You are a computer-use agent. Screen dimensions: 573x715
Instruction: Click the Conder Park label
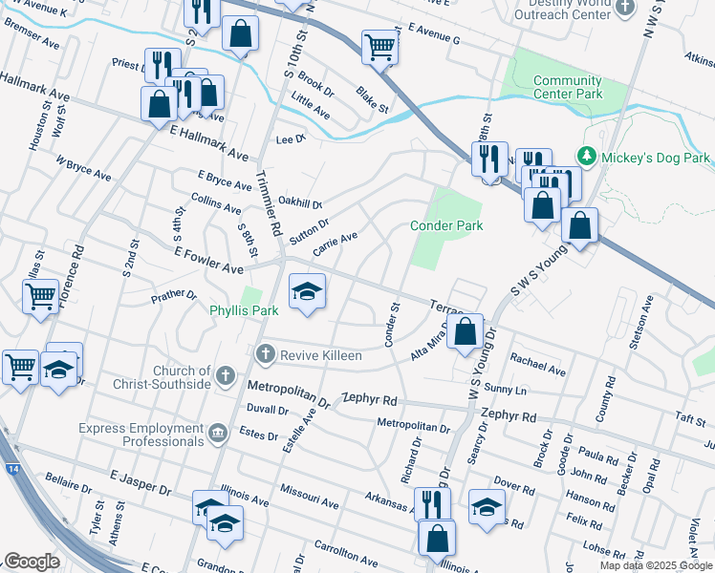tap(446, 225)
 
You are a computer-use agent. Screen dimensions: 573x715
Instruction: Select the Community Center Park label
tap(568, 88)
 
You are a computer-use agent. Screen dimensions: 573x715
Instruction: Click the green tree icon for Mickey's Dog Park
tap(584, 156)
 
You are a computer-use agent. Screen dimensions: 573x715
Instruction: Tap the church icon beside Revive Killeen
tap(265, 355)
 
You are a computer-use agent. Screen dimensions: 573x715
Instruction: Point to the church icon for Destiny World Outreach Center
tap(625, 8)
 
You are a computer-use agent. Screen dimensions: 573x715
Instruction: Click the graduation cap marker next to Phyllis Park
tap(307, 291)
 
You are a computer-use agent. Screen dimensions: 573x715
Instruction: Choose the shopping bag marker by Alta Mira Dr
tap(466, 333)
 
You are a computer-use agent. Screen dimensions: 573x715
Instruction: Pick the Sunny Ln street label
tap(505, 390)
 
